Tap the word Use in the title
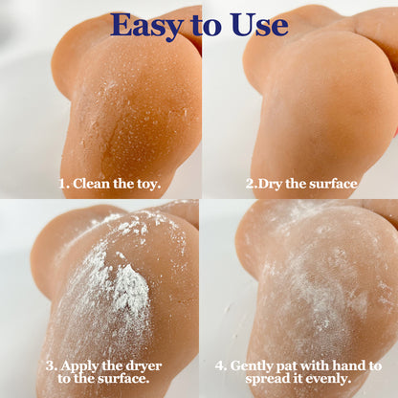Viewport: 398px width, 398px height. pos(256,24)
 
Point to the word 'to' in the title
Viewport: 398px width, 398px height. pos(204,25)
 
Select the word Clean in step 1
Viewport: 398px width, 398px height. pos(91,182)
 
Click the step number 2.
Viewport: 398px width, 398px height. pos(251,182)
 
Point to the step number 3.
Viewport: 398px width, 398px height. pos(49,365)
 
